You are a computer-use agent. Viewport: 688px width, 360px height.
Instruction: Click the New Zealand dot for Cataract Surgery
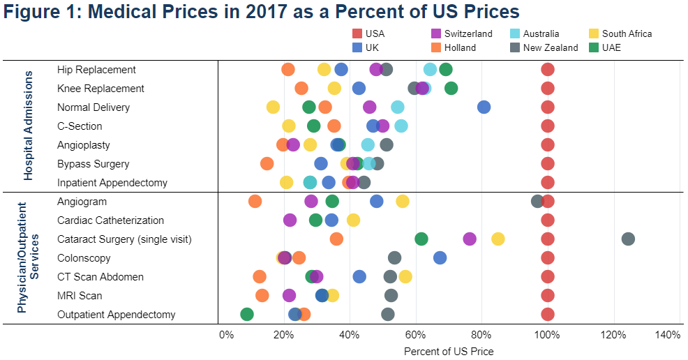pyautogui.click(x=628, y=239)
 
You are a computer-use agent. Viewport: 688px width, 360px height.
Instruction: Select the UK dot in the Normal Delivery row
pyautogui.click(x=484, y=107)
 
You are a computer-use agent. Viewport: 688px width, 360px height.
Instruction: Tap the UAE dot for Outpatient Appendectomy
pyautogui.click(x=246, y=314)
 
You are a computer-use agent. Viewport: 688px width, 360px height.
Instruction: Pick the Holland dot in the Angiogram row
pyautogui.click(x=255, y=201)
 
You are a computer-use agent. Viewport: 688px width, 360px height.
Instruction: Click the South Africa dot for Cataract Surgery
pyautogui.click(x=498, y=239)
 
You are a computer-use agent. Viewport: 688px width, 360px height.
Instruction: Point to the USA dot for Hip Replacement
pyautogui.click(x=548, y=69)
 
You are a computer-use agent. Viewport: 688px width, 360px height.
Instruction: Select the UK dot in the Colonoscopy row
pyautogui.click(x=440, y=257)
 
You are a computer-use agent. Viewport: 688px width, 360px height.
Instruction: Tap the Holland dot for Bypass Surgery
pyautogui.click(x=267, y=163)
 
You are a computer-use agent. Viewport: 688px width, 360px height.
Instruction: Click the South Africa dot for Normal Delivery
pyautogui.click(x=273, y=107)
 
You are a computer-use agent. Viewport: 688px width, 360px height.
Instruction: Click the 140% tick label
pyautogui.click(x=668, y=336)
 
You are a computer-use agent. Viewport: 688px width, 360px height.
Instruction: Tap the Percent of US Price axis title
pyautogui.click(x=449, y=351)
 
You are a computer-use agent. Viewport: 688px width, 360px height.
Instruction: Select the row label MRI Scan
pyautogui.click(x=80, y=296)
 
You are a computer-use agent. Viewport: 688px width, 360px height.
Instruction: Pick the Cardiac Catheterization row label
pyautogui.click(x=110, y=220)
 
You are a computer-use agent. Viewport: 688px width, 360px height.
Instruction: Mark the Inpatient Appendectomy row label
pyautogui.click(x=112, y=183)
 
